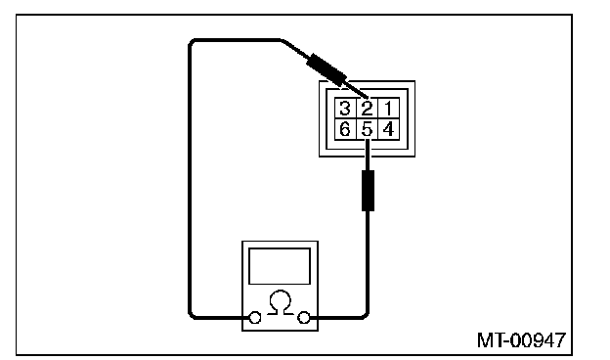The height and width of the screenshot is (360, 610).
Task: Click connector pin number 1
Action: coord(389,109)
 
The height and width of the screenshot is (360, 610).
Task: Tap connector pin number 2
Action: coord(367,109)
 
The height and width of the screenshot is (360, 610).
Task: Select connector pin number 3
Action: coord(345,109)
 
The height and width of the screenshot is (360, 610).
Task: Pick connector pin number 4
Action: coord(389,129)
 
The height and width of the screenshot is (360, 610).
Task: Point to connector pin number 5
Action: coord(367,129)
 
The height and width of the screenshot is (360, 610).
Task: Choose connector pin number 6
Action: coord(345,129)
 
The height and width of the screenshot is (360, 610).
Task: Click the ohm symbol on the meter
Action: coord(281,302)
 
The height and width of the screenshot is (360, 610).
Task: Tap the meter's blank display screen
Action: coord(280,266)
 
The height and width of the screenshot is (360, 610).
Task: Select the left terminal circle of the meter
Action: coord(255,318)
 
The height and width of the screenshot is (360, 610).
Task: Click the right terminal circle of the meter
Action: coord(303,318)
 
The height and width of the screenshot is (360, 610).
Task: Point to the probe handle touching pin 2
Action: coord(326,69)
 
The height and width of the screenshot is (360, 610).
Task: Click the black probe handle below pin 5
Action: coord(368,191)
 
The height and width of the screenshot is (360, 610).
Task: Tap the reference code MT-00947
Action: coord(521,340)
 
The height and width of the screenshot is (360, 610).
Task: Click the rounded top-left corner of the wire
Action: coord(191,42)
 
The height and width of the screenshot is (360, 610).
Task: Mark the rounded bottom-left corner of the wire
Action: coord(191,316)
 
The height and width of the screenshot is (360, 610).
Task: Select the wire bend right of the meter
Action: coord(366,315)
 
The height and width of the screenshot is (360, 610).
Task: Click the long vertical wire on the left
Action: coord(190,179)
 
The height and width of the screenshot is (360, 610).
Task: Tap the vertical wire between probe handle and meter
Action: coord(368,261)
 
